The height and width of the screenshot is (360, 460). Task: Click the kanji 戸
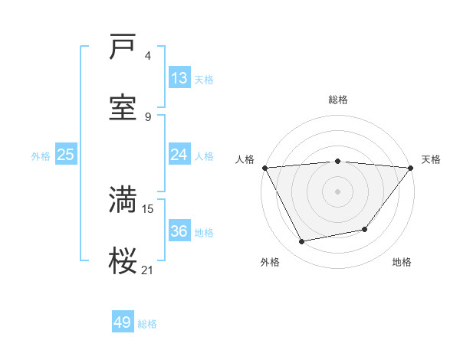[123, 47]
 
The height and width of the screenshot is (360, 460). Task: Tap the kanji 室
[123, 107]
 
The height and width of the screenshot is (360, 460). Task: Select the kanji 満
[123, 199]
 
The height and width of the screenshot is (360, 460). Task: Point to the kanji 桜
[123, 261]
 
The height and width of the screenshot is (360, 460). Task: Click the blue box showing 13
[179, 78]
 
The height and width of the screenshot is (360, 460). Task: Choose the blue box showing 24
[179, 155]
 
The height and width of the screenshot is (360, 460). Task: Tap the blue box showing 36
[179, 231]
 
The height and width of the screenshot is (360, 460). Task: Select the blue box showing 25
[66, 155]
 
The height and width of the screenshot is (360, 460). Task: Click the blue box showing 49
[123, 322]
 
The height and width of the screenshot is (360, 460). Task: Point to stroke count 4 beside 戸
[148, 56]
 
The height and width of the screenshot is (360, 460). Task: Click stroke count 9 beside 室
[148, 116]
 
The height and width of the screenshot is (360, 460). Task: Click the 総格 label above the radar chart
[338, 100]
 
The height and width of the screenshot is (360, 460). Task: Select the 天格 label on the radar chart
[431, 159]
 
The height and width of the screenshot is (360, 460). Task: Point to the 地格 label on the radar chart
[402, 262]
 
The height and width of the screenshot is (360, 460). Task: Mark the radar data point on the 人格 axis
[264, 168]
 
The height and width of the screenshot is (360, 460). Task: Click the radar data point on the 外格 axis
[302, 242]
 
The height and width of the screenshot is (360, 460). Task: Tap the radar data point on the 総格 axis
[338, 161]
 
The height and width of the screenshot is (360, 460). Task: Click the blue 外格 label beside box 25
[41, 155]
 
